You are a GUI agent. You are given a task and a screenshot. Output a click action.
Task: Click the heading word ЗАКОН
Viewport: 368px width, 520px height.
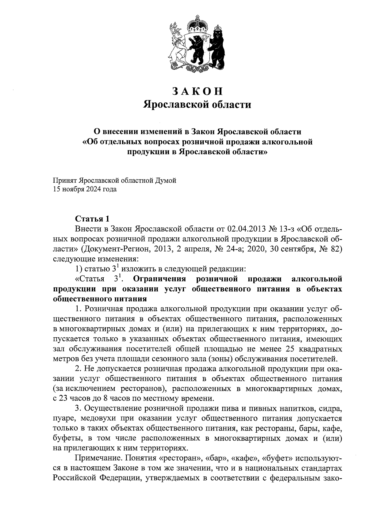[x=197, y=91]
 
